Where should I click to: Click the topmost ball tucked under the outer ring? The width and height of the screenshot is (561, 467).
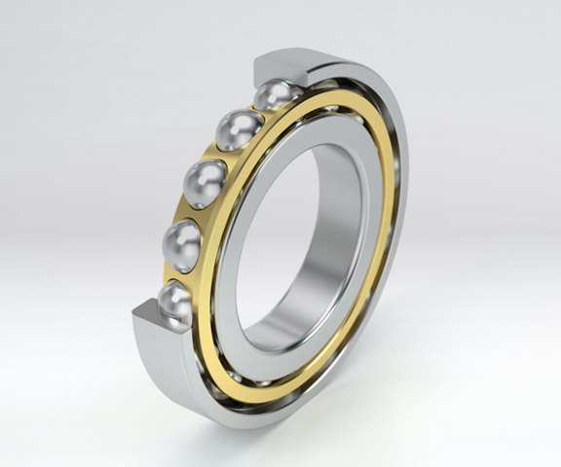tap(277, 95)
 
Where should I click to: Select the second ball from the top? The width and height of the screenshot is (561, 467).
tap(240, 129)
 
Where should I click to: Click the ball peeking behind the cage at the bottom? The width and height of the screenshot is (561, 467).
tap(234, 376)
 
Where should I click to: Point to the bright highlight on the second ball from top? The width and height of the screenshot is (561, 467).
tap(232, 124)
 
